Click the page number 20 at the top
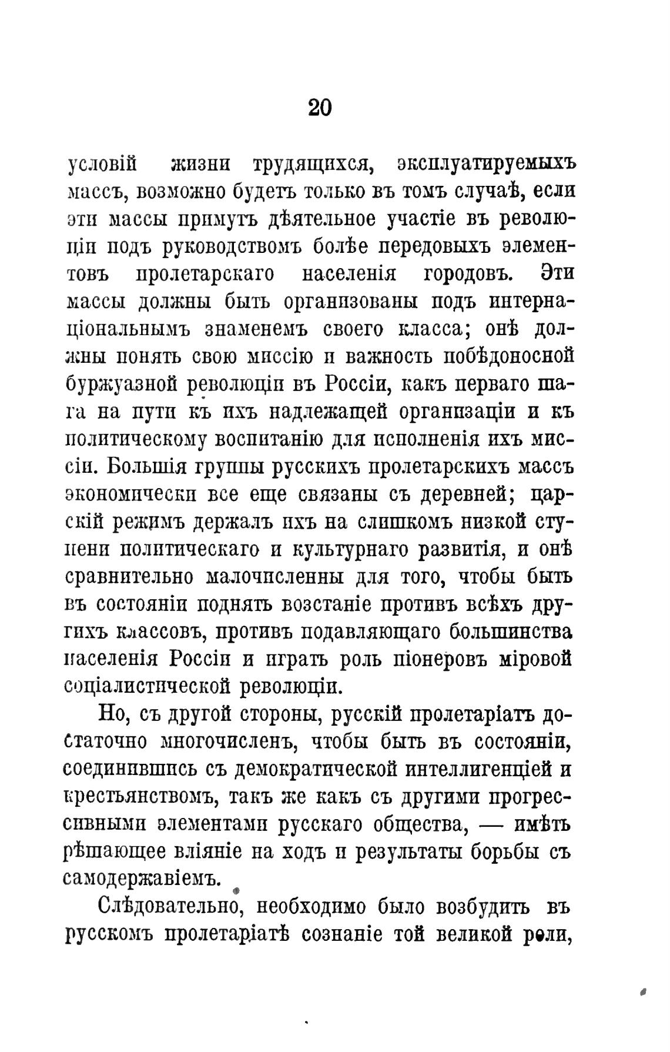point(320,108)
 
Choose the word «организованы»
point(351,302)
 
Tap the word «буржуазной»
point(121,385)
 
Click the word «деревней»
point(464,495)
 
